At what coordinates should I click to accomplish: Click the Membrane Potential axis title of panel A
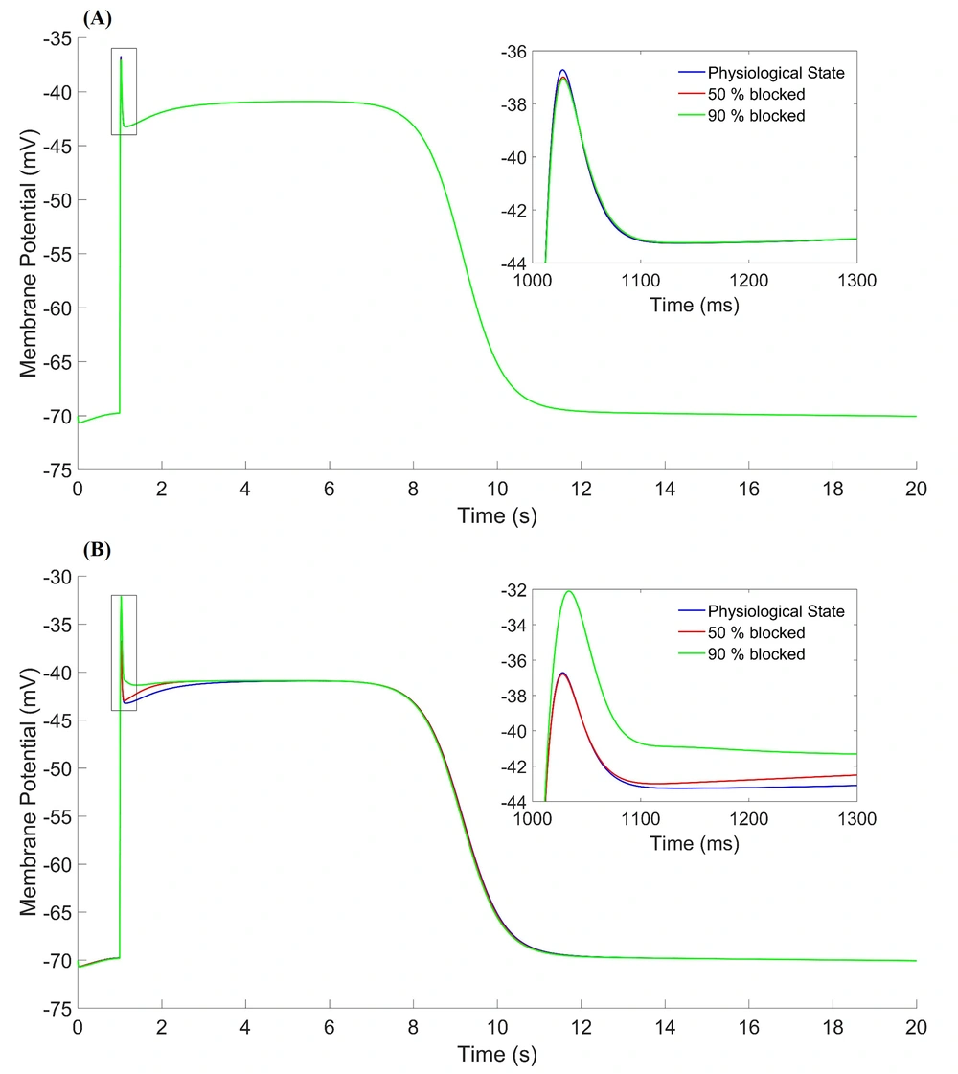pos(29,254)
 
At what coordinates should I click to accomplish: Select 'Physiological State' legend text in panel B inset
pos(776,610)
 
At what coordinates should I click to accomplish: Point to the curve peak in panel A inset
pos(562,71)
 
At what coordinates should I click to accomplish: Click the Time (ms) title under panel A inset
pos(695,305)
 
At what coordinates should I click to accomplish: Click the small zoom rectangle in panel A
pos(124,91)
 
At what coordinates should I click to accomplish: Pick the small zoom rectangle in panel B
pos(124,652)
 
